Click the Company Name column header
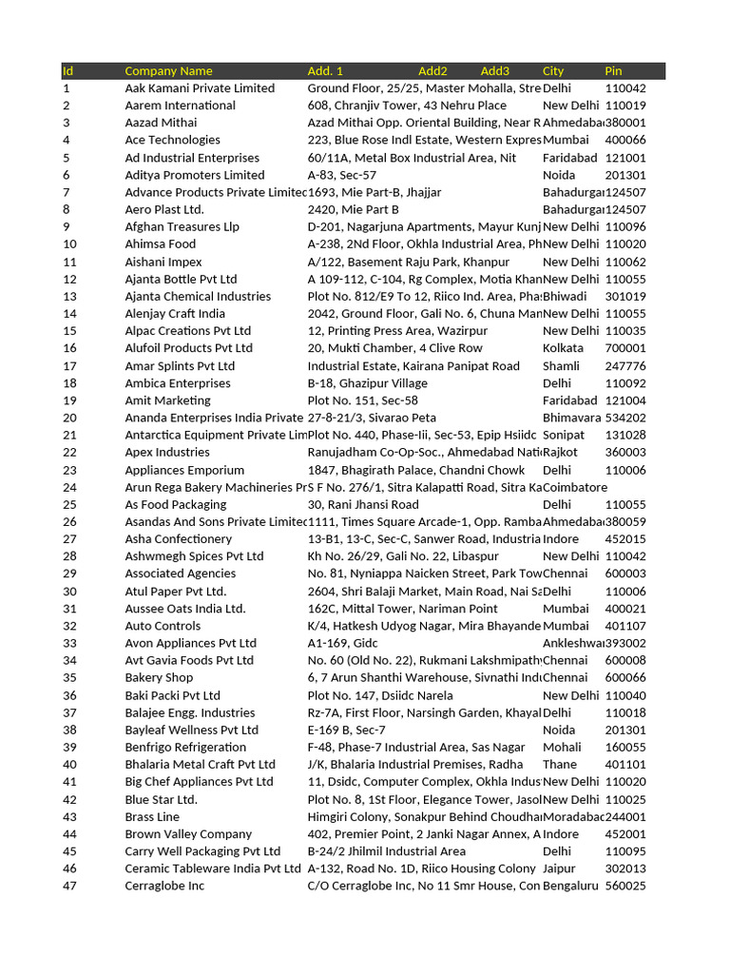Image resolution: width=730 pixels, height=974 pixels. point(168,71)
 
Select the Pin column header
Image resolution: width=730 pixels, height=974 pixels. point(613,71)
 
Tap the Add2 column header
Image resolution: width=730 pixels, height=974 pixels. point(432,71)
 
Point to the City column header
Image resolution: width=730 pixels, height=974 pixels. point(553,71)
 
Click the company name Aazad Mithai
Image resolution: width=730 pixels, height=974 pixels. point(161,123)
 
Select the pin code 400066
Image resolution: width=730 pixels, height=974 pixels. point(625,140)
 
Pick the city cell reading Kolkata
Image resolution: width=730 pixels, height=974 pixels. point(563,348)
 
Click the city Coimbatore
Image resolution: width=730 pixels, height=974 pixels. point(574,487)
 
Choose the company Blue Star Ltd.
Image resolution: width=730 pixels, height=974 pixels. point(161,800)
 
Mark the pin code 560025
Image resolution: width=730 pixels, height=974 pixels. point(625,886)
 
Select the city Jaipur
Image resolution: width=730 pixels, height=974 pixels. point(559,868)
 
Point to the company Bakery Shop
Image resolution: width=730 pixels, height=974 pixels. point(159,678)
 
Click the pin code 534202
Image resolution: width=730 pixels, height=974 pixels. point(625,418)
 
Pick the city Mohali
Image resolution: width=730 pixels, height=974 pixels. point(562,748)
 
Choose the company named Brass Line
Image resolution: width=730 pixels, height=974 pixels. point(152,817)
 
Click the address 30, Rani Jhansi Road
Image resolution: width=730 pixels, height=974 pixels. point(363,505)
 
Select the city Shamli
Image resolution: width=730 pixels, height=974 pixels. point(562,366)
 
